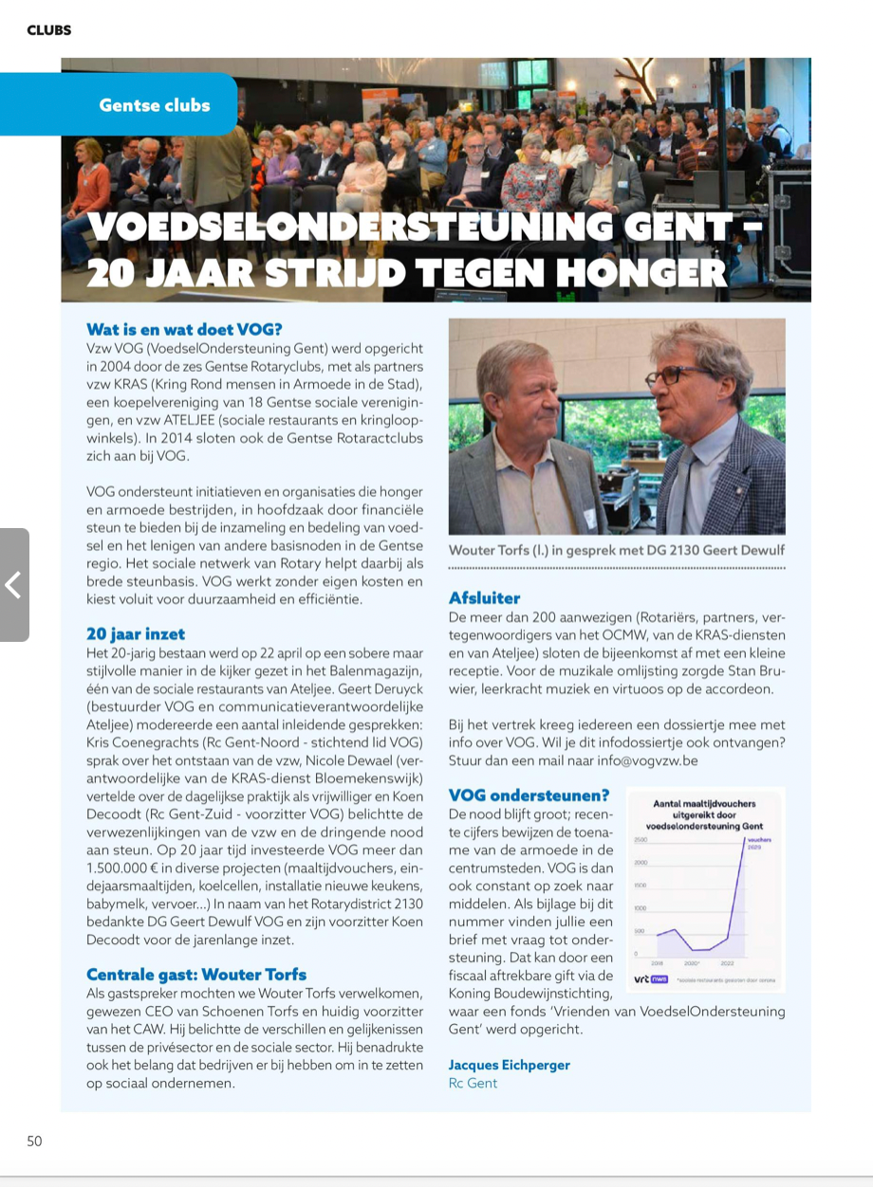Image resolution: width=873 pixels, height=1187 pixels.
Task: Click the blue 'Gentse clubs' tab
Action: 154,105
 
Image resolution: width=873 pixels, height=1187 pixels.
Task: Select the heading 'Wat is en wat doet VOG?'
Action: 184,330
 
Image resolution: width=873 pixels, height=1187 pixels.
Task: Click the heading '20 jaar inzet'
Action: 136,634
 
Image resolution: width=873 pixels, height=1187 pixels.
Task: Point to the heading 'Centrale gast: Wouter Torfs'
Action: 196,975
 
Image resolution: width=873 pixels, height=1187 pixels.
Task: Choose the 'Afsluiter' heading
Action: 484,598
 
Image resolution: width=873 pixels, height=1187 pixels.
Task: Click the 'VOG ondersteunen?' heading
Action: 529,794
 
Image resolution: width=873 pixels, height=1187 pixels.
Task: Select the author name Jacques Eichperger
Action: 509,1065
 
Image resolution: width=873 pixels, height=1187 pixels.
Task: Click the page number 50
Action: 34,1141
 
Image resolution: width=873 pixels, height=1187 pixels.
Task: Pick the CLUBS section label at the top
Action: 48,30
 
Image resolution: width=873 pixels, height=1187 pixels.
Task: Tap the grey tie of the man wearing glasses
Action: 684,474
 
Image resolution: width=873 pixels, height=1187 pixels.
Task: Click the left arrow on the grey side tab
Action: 13,585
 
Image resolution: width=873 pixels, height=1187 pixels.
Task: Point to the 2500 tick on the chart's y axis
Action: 640,840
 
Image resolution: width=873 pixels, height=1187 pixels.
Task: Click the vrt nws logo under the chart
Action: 651,979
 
